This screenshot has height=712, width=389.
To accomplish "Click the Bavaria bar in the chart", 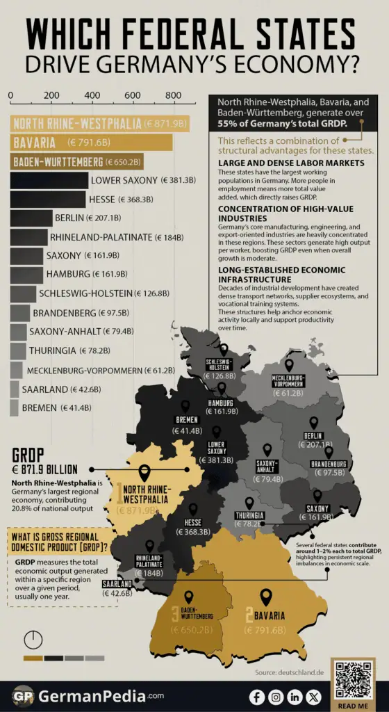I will pos(91,143).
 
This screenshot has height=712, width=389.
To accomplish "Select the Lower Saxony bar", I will pos(49,181).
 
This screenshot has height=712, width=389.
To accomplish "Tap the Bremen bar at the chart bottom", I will pos(14,407).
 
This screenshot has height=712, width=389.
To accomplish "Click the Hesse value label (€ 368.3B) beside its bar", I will pos(147,200).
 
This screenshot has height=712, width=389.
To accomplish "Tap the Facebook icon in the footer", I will pos(257,697).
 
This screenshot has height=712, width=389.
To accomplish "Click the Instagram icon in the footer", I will pos(276,697).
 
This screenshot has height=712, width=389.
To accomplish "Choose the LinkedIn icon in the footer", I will pos(295,697).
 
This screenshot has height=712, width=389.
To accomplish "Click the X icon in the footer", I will pos(314,697).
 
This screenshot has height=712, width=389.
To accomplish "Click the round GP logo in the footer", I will pos(22,696).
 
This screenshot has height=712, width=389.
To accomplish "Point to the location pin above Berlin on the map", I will pos(313,423).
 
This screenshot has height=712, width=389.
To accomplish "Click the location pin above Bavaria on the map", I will pos(265,597).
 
